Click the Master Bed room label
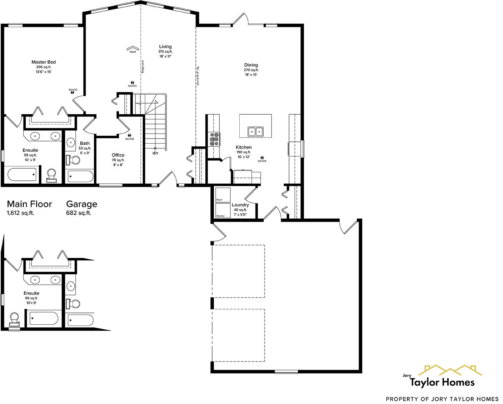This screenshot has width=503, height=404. tap(44, 62)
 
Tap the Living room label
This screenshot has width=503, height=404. tap(165, 46)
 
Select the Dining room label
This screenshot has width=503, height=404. tap(251, 65)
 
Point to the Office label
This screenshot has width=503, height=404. tap(118, 155)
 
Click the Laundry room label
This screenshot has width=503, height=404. tap(240, 205)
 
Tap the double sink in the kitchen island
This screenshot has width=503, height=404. tap(255, 131)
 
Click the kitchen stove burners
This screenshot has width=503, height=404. tap(215, 139)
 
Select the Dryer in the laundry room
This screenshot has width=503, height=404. tap(223, 195)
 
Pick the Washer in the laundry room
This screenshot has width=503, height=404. tap(223, 210)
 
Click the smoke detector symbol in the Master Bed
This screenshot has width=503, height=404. tap(73, 93)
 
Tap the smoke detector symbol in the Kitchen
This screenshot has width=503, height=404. tap(262, 158)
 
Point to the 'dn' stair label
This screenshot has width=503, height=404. tap(155, 153)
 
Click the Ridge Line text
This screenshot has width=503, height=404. tap(143, 67)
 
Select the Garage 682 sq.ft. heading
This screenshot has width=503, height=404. tap(81, 208)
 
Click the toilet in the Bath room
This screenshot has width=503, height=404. tap(73, 160)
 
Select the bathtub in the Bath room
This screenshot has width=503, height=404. tap(81, 176)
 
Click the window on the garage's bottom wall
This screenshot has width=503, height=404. tap(286, 372)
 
